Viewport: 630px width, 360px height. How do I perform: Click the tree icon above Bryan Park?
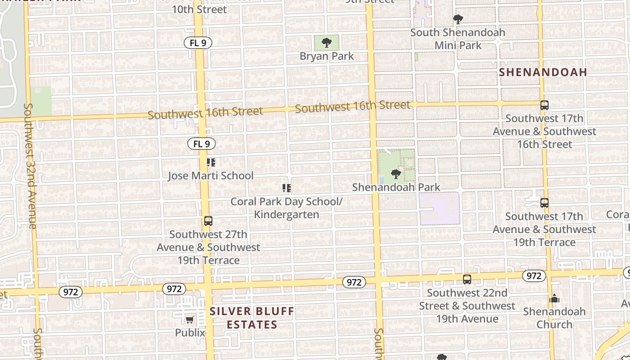[x=327, y=43]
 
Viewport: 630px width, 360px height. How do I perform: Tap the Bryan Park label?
[x=327, y=56]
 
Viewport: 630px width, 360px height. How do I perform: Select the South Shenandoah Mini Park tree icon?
[x=458, y=19]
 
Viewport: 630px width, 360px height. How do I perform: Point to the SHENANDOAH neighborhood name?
[x=543, y=72]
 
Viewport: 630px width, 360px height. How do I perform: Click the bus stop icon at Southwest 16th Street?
[x=544, y=105]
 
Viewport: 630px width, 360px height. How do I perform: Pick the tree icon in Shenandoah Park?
[x=396, y=174]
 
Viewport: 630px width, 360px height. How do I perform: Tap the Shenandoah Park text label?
[x=396, y=187]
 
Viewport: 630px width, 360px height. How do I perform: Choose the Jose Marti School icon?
[x=211, y=162]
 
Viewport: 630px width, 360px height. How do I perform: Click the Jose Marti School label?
[x=211, y=175]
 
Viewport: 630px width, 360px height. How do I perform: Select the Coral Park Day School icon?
[x=287, y=188]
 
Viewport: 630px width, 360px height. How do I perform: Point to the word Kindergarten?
[x=287, y=215]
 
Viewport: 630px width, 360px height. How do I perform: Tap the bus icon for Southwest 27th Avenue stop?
[x=208, y=221]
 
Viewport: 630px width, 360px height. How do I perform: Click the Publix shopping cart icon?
[x=190, y=319]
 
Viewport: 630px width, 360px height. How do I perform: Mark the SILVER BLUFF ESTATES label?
[x=252, y=318]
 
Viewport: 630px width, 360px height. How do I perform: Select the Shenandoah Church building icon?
[x=554, y=298]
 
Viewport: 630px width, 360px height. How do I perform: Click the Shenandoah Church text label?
[x=554, y=318]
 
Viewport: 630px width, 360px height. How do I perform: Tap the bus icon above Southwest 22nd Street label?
[x=467, y=279]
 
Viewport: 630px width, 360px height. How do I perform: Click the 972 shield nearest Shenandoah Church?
[x=534, y=275]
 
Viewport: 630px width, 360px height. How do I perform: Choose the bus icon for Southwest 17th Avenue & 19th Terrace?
[x=544, y=203]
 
